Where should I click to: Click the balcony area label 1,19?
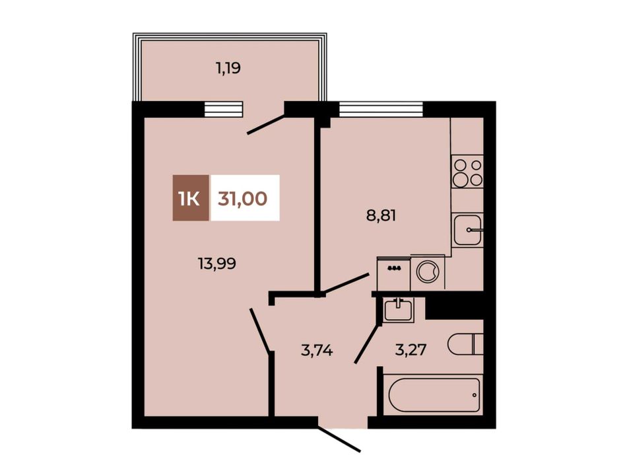[x=228, y=69]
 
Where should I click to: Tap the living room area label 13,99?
[x=217, y=264]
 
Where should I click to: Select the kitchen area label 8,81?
[x=381, y=216]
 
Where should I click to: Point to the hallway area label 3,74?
[x=317, y=351]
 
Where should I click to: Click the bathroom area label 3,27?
[x=411, y=350]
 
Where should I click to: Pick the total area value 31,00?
[x=242, y=198]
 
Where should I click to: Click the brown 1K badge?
[x=191, y=198]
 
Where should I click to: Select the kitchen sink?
[x=467, y=230]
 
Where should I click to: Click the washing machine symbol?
[x=428, y=272]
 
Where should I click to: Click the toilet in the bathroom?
[x=465, y=344]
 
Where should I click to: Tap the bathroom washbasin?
[x=397, y=309]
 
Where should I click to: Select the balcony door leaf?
[x=266, y=124]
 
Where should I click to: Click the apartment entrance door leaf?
[x=339, y=440]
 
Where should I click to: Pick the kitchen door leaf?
[x=346, y=283]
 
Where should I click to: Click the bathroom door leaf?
[x=367, y=344]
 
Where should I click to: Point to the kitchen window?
[x=381, y=108]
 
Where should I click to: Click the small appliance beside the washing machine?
[x=394, y=273]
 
